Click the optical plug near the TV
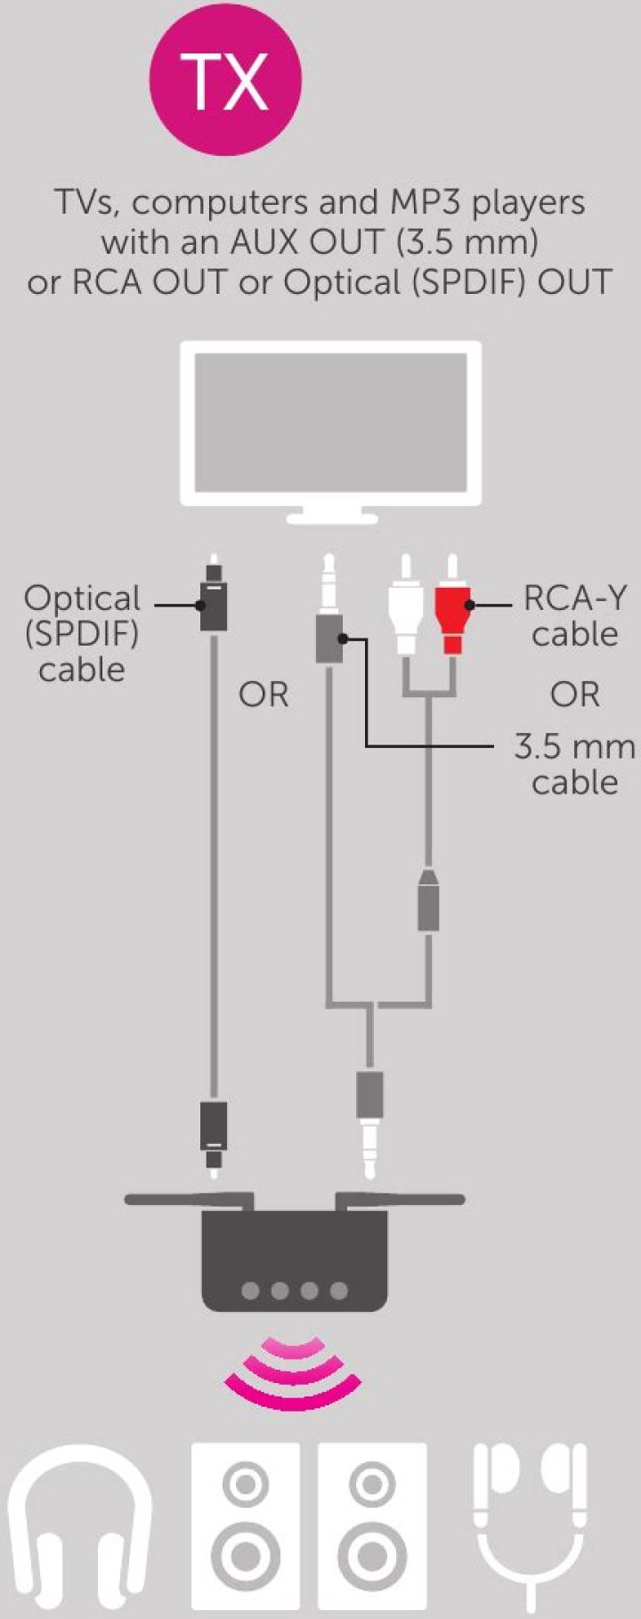pyautogui.click(x=213, y=597)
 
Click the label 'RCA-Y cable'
pyautogui.click(x=574, y=615)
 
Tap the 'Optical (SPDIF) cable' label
pyautogui.click(x=82, y=633)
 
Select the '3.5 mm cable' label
pyautogui.click(x=574, y=763)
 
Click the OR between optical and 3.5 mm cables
pyautogui.click(x=264, y=695)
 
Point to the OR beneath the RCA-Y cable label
pyautogui.click(x=575, y=695)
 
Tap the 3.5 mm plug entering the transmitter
pyautogui.click(x=369, y=1122)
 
